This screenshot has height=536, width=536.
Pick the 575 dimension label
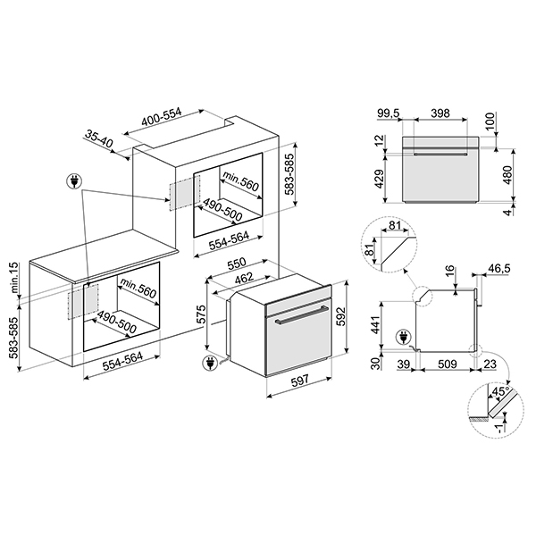pos(203,314)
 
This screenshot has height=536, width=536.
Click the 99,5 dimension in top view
pos(389,114)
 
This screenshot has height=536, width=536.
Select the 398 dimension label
pos(439,114)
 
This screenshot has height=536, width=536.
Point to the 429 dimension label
pos(378,180)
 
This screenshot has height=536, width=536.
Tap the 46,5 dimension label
pos(498,268)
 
